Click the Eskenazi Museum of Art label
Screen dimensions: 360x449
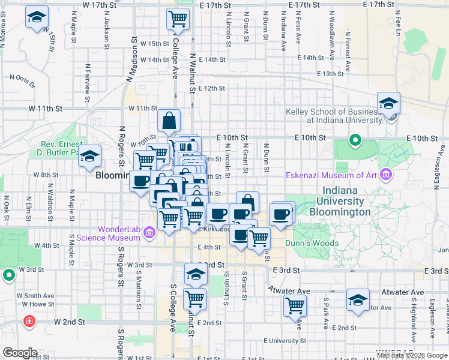333,176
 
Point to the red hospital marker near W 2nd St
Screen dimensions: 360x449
28,322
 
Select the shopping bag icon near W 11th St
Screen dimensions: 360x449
169,119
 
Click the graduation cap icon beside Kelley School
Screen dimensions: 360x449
388,103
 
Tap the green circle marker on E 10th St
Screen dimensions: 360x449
355,142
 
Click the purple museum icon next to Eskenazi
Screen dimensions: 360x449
385,176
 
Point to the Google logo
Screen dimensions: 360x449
20,353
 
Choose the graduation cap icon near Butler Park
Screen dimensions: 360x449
90,156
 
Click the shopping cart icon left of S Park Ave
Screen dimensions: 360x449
295,305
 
